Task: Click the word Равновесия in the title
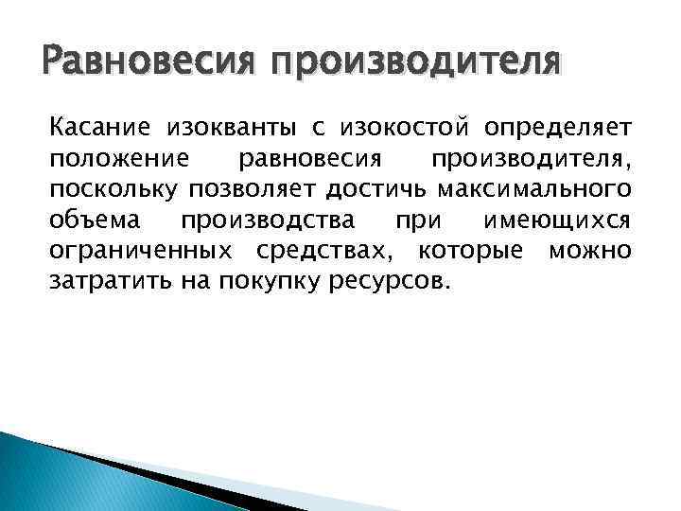pos(141,65)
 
